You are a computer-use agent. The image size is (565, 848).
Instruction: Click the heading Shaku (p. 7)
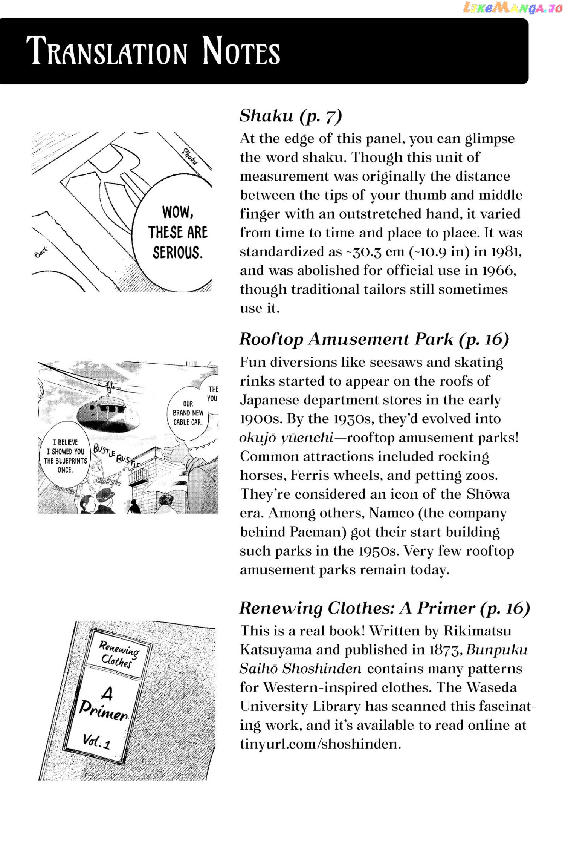coord(290,116)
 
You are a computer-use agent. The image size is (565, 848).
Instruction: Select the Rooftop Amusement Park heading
coord(374,339)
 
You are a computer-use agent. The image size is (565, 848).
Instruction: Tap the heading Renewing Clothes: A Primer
coord(385,608)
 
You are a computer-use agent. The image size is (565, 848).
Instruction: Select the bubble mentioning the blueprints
coord(65,456)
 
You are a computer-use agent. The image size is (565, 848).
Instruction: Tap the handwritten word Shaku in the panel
coord(190,156)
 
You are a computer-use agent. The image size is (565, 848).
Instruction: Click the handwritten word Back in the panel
coord(41,252)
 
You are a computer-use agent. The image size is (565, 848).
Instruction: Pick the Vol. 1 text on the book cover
coord(97,741)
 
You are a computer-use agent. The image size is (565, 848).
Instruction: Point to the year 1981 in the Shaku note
coord(505,252)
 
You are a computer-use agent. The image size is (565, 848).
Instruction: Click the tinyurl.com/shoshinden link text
coord(320,744)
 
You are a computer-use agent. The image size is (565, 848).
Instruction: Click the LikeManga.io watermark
coord(513,8)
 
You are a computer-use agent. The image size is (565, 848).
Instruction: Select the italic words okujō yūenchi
coord(286,438)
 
